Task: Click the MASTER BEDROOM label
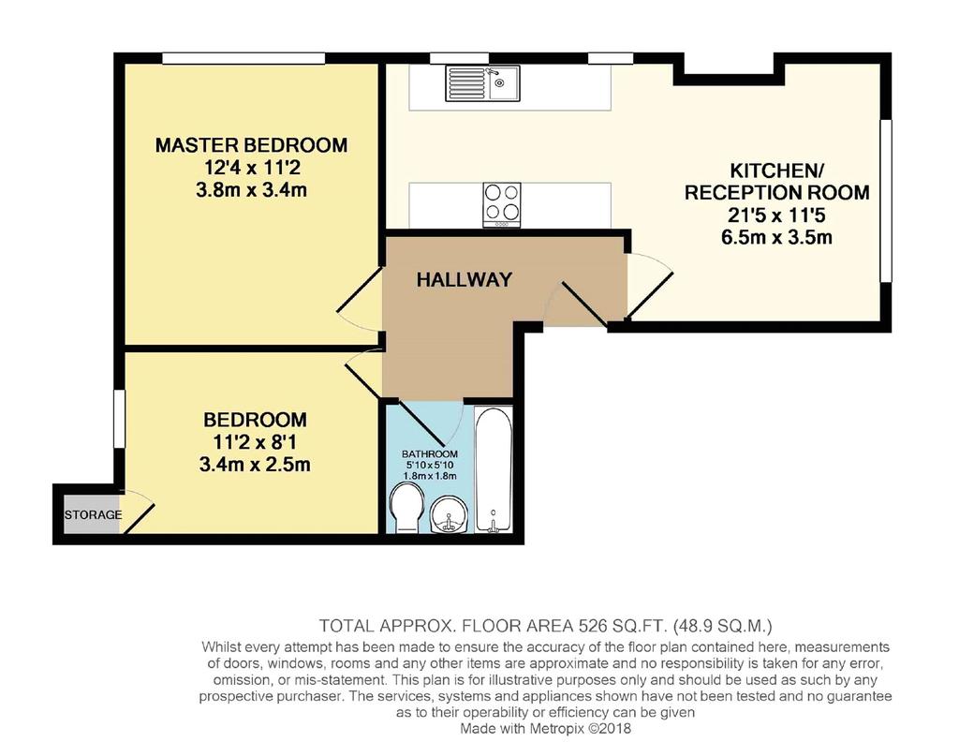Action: pos(251,145)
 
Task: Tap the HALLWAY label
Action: pos(465,279)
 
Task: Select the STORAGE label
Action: pos(93,514)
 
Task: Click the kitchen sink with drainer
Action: pos(482,83)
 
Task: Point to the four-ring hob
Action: pos(502,204)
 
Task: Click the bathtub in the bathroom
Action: pos(494,469)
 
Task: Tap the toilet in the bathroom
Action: pos(406,509)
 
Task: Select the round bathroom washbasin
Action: pos(450,514)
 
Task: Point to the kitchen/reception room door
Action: pos(650,285)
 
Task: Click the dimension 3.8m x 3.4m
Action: pos(251,189)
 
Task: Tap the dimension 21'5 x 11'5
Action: pos(776,215)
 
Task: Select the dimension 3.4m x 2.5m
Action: pos(255,465)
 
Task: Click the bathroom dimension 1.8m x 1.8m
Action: pos(430,476)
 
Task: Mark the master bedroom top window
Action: pos(243,58)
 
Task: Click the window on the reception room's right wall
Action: pos(886,200)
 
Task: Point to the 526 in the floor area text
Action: pos(592,627)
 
